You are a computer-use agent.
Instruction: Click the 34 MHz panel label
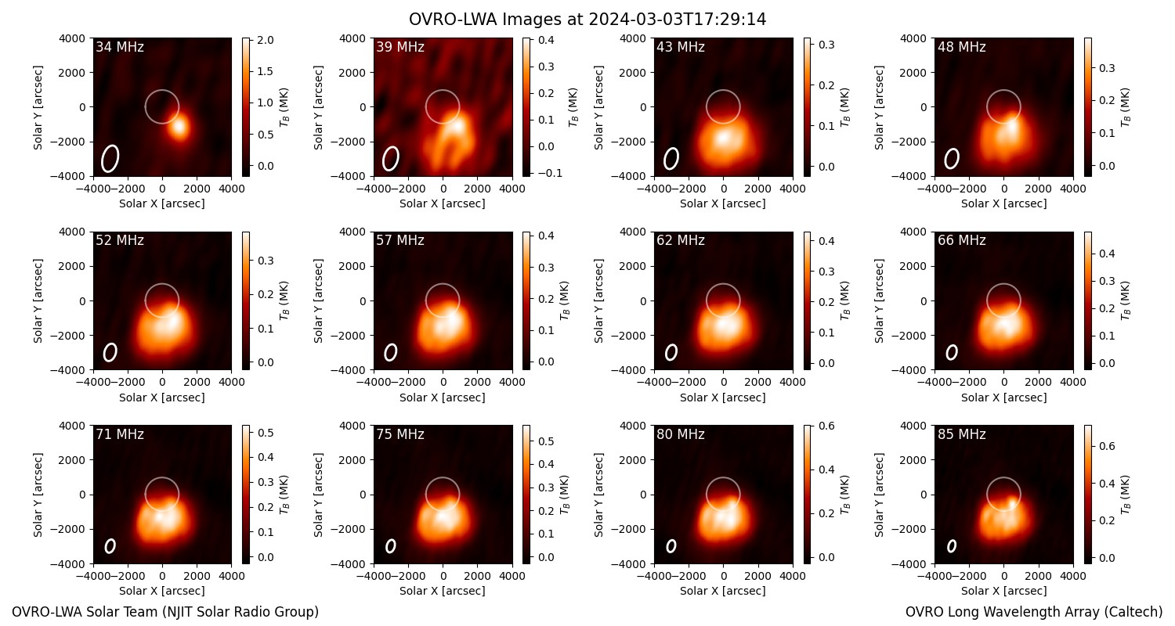[x=120, y=47]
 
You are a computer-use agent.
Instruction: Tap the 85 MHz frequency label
[x=961, y=434]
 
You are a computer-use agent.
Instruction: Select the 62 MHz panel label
[x=681, y=240]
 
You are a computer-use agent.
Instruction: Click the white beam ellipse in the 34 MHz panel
[x=110, y=158]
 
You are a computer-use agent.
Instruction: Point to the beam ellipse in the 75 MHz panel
[x=390, y=546]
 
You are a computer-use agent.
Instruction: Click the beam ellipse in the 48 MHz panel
[x=952, y=158]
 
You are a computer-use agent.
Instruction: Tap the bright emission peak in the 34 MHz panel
[x=180, y=126]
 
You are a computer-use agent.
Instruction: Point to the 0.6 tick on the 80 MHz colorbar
[x=826, y=426]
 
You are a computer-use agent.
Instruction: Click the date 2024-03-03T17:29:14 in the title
[x=678, y=20]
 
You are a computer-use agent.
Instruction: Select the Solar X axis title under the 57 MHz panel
[x=443, y=398]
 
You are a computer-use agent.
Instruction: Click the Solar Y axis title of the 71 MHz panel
[x=38, y=495]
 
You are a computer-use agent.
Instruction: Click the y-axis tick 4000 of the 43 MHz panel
[x=633, y=38]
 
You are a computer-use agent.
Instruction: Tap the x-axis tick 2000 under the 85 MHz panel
[x=1038, y=576]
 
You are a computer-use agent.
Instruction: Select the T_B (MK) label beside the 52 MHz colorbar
[x=284, y=300]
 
